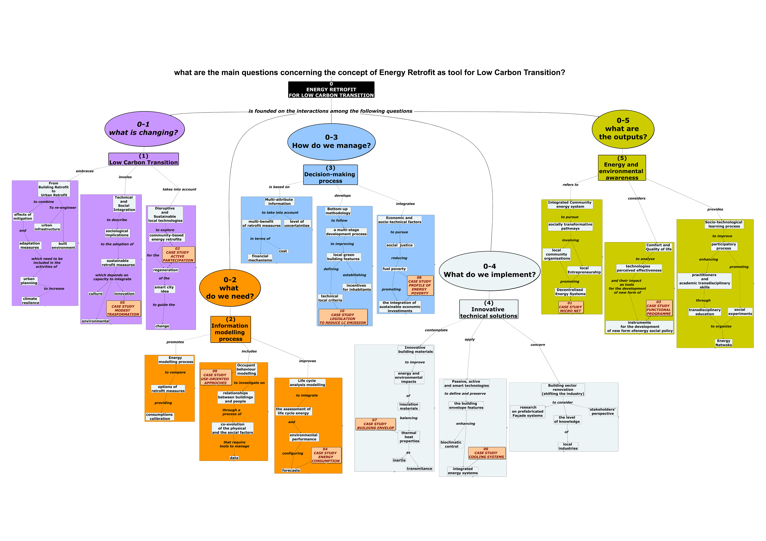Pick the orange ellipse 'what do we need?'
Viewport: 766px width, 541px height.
coord(230,288)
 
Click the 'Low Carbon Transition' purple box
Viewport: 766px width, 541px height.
coord(143,159)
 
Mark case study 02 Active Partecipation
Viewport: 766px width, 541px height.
coord(178,255)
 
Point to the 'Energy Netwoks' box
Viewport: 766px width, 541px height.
coord(724,343)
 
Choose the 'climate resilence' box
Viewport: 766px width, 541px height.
coord(31,301)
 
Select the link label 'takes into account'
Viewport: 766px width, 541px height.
coord(179,189)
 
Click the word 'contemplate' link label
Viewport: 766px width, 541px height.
coord(436,330)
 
